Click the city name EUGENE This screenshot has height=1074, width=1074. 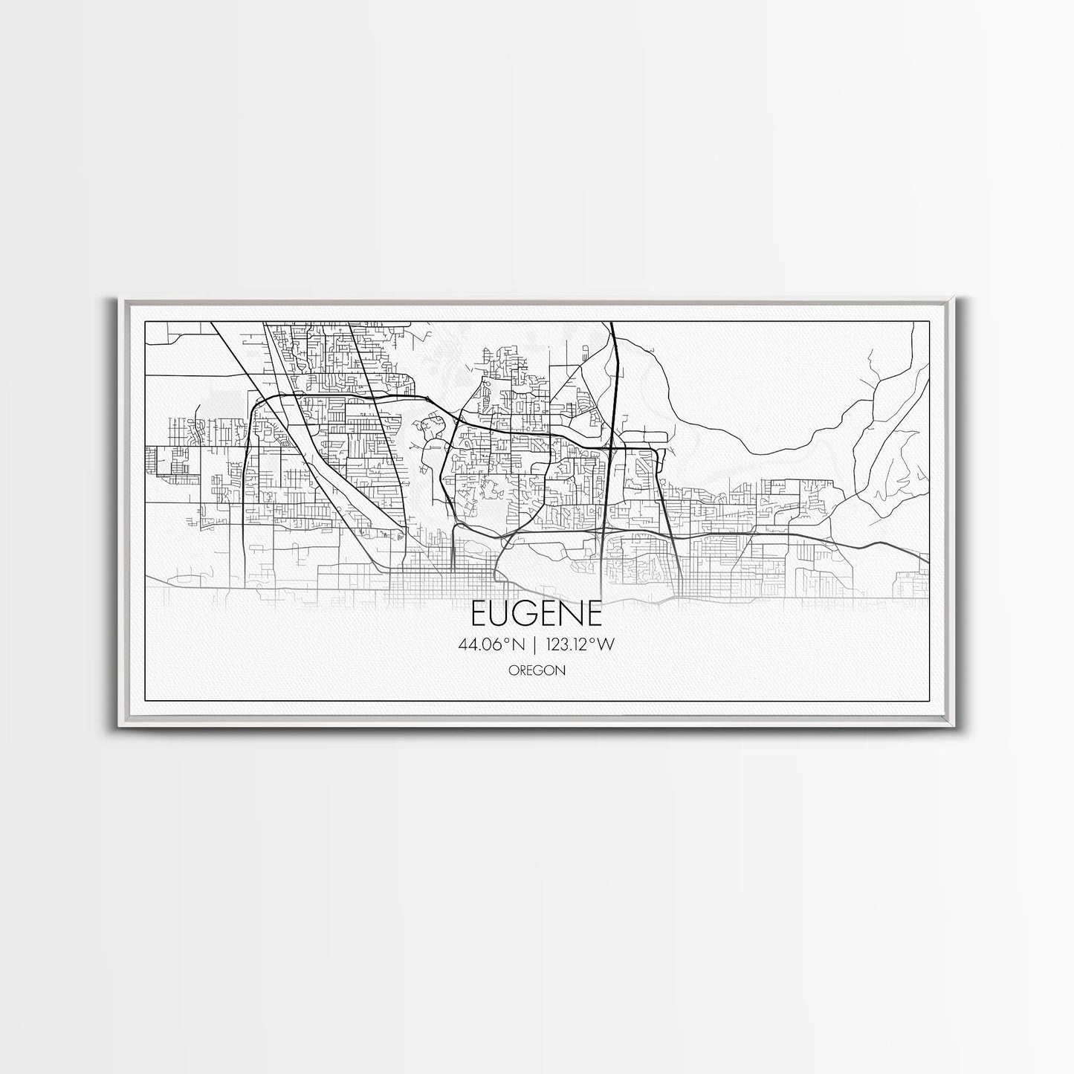tap(537, 614)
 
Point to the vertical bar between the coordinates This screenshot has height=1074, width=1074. tap(534, 645)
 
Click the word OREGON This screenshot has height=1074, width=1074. tap(537, 670)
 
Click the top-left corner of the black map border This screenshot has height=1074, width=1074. tap(146, 321)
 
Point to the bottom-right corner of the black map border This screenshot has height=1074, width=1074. tap(930, 701)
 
